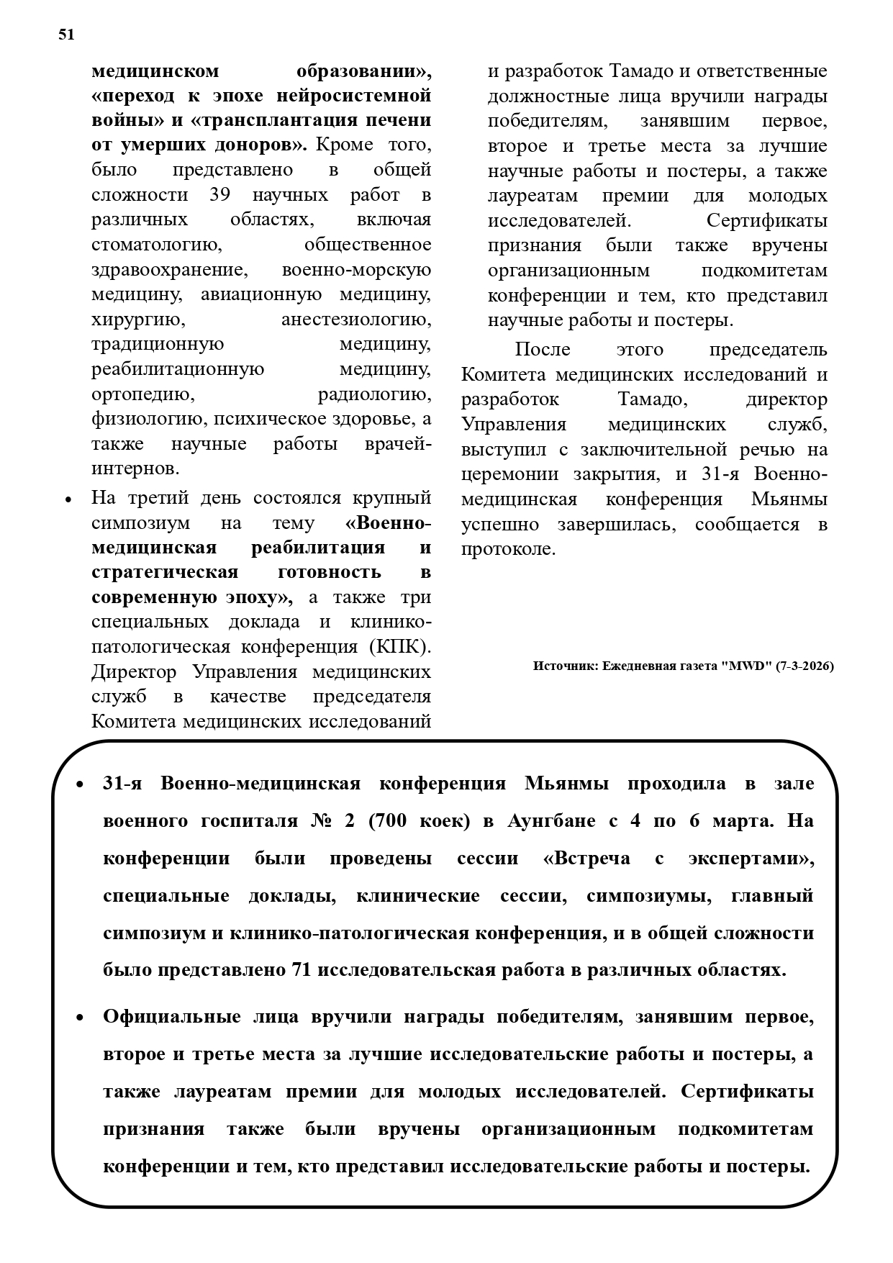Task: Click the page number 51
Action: (x=66, y=35)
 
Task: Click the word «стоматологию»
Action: (x=157, y=245)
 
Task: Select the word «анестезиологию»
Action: (x=356, y=320)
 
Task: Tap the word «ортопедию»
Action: (x=142, y=394)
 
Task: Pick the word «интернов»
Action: (x=135, y=469)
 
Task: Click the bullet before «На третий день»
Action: (x=68, y=499)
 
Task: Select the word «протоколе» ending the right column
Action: (x=508, y=549)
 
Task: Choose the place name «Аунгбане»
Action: (x=551, y=821)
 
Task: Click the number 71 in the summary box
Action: (x=301, y=970)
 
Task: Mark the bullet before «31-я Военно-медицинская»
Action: (x=81, y=784)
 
